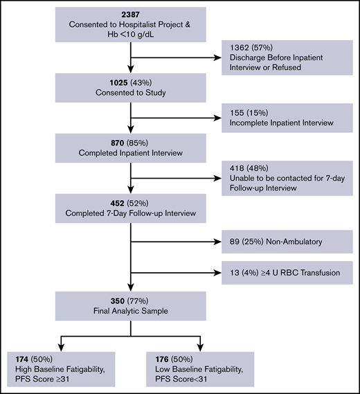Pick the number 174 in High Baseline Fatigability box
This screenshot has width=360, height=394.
click(23, 360)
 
